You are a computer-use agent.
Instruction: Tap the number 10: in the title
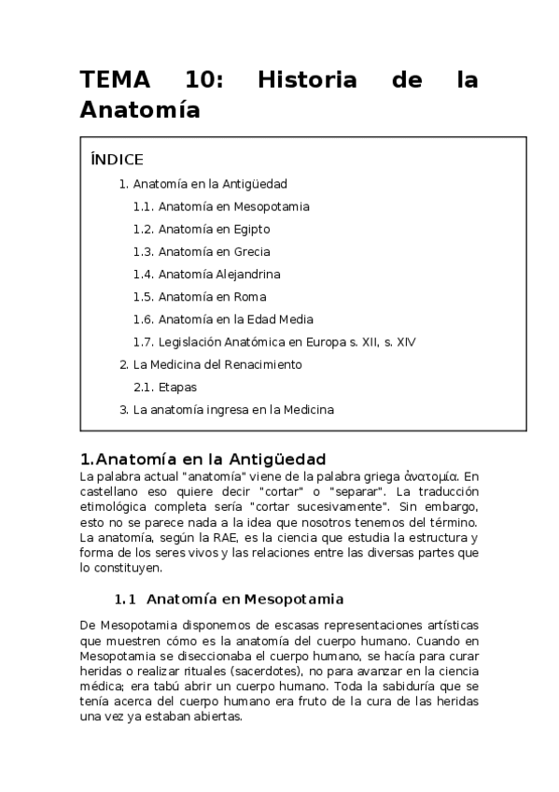pyautogui.click(x=205, y=80)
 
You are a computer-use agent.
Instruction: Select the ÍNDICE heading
pyautogui.click(x=118, y=159)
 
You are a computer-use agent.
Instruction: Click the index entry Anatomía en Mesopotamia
pyautogui.click(x=233, y=206)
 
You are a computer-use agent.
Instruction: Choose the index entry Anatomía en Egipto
pyautogui.click(x=215, y=229)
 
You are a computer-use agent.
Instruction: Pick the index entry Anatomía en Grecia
pyautogui.click(x=215, y=251)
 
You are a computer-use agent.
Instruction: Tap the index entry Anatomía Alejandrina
pyautogui.click(x=219, y=275)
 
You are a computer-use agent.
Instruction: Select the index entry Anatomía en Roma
pyautogui.click(x=212, y=297)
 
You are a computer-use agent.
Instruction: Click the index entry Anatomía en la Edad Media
pyautogui.click(x=235, y=319)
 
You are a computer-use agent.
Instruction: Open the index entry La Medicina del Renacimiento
pyautogui.click(x=217, y=364)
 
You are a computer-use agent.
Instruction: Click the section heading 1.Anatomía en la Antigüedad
pyautogui.click(x=203, y=460)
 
